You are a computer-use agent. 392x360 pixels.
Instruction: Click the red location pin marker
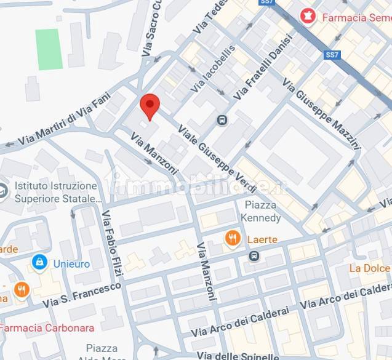tap(150, 106)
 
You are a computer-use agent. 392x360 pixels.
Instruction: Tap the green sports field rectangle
tap(49, 49)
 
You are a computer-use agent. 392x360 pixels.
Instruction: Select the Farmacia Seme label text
tap(354, 17)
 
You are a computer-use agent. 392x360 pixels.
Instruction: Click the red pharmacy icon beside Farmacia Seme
tap(306, 15)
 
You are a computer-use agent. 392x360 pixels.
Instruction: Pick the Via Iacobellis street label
tap(213, 68)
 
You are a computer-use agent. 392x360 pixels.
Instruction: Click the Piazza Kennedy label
tap(263, 211)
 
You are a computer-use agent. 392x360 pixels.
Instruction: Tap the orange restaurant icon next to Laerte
tap(233, 239)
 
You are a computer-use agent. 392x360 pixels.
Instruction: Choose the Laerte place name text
tap(262, 239)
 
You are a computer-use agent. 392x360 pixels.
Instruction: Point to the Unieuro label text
tap(70, 264)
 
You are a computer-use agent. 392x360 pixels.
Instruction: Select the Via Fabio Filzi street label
tap(113, 242)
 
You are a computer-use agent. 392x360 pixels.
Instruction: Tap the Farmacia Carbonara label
tap(47, 328)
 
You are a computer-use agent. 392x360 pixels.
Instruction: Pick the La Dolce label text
tap(369, 268)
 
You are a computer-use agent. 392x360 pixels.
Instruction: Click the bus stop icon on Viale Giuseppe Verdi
tap(222, 120)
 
